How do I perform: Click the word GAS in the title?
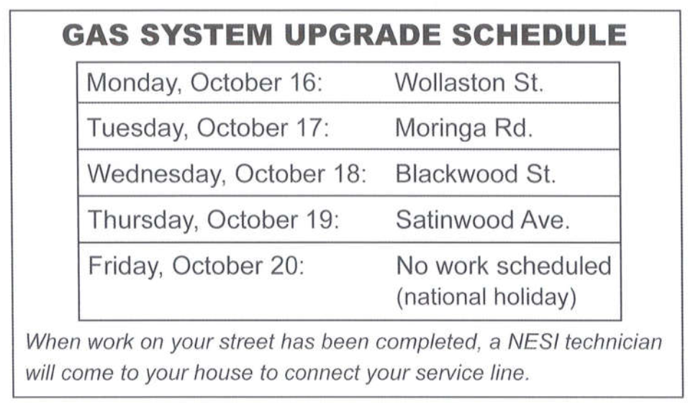pyautogui.click(x=96, y=35)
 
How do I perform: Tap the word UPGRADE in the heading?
pyautogui.click(x=363, y=35)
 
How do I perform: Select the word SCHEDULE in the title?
pyautogui.click(x=539, y=35)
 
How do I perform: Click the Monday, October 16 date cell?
pyautogui.click(x=204, y=83)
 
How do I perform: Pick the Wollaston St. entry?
pyautogui.click(x=469, y=83)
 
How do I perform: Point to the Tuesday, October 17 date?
pyautogui.click(x=208, y=129)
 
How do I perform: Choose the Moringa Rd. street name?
pyautogui.click(x=463, y=129)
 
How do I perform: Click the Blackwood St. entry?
pyautogui.click(x=475, y=174)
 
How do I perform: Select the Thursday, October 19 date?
pyautogui.click(x=214, y=220)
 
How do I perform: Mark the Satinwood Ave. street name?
pyautogui.click(x=483, y=220)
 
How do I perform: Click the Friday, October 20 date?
pyautogui.click(x=196, y=266)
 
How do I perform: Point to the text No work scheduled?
pyautogui.click(x=504, y=266)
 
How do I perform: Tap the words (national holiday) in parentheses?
pyautogui.click(x=486, y=297)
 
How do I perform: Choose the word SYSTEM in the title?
pyautogui.click(x=207, y=35)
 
